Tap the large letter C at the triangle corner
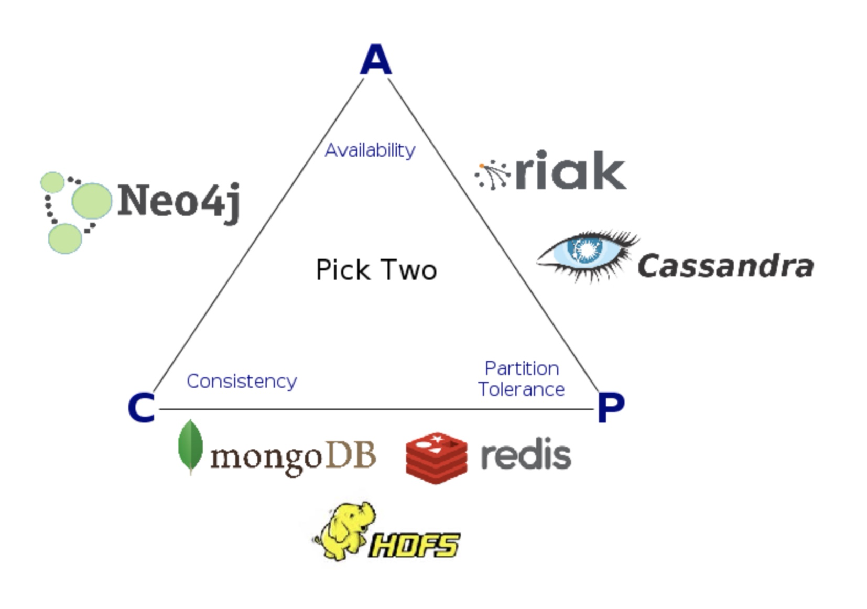pyautogui.click(x=141, y=408)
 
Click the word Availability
pyautogui.click(x=370, y=150)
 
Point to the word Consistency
pyautogui.click(x=241, y=381)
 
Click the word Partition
pyautogui.click(x=522, y=368)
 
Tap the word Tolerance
pyautogui.click(x=521, y=389)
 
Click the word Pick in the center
pyautogui.click(x=343, y=270)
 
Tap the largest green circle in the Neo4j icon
pyautogui.click(x=92, y=201)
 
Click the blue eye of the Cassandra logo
pyautogui.click(x=586, y=251)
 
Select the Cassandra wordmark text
pyautogui.click(x=725, y=266)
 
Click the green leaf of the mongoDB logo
pyautogui.click(x=190, y=447)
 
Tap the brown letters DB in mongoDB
pyautogui.click(x=351, y=455)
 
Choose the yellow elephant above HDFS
pyautogui.click(x=346, y=529)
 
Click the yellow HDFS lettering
pyautogui.click(x=414, y=545)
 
